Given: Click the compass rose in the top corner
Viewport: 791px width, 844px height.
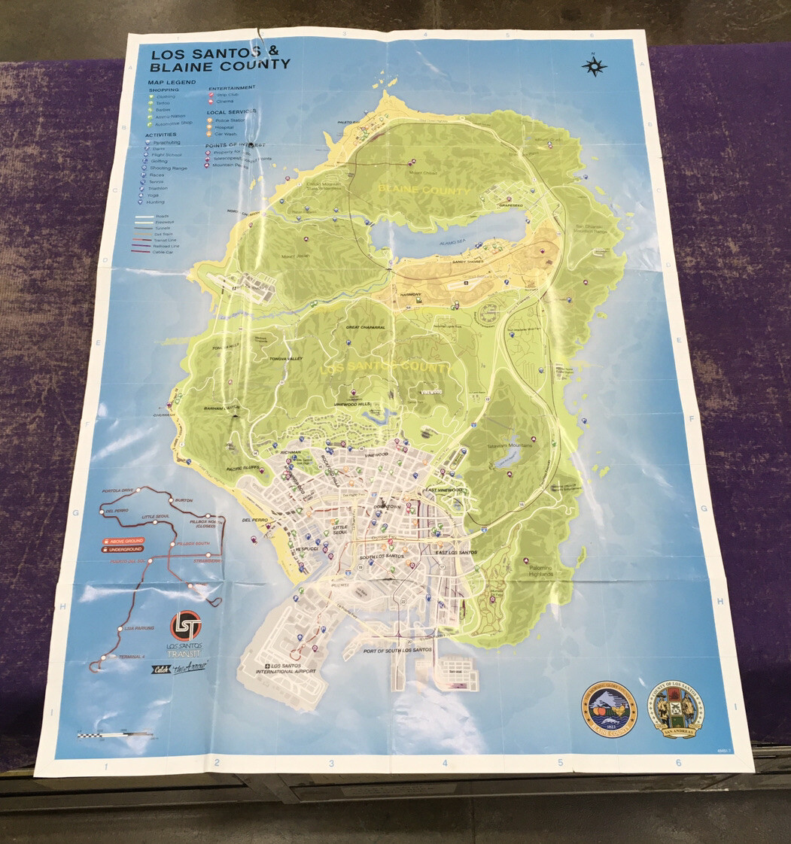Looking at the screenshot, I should coord(594,66).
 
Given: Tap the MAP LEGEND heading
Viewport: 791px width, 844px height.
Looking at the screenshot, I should coord(172,81).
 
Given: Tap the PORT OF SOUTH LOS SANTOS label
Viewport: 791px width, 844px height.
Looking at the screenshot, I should coord(397,649).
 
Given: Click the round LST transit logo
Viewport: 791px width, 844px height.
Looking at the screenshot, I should coord(186,624).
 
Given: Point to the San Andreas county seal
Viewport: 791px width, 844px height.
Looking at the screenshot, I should coord(675,708).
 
